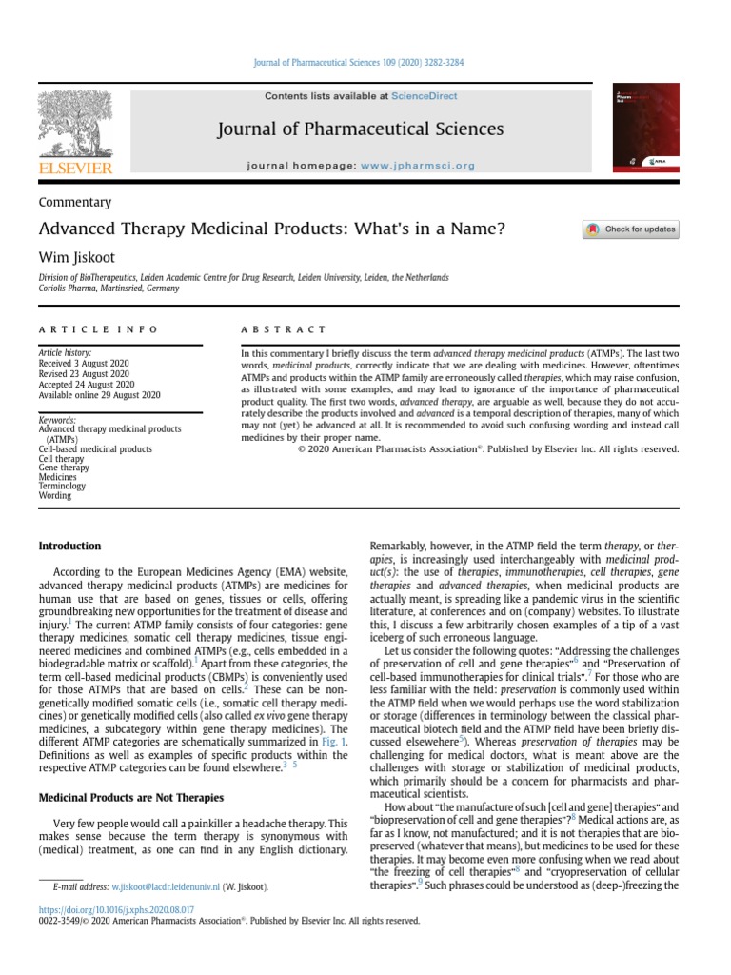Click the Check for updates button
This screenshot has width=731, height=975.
630,229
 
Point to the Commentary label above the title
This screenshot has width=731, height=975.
74,202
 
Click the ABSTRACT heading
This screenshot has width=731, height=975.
283,329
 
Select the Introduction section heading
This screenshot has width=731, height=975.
69,546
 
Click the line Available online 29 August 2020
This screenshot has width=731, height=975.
99,394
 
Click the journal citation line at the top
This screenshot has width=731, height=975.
365,63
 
